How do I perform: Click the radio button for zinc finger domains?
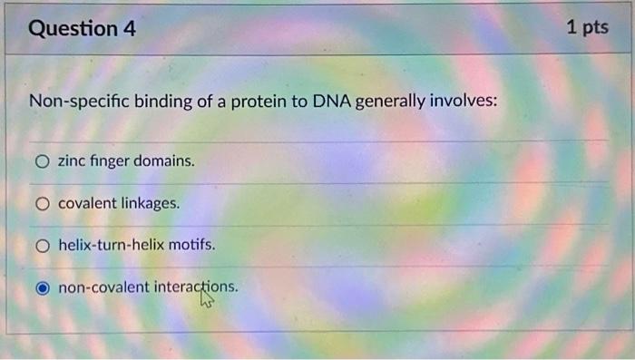click(x=43, y=161)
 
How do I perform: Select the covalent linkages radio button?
click(x=43, y=203)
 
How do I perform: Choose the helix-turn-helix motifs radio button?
click(x=43, y=246)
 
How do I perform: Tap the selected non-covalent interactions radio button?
click(x=43, y=288)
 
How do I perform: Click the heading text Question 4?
click(x=83, y=29)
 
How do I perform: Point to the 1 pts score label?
click(x=587, y=28)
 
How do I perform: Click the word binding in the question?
click(x=162, y=101)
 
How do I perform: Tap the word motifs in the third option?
click(x=192, y=246)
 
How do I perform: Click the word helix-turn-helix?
click(x=111, y=246)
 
